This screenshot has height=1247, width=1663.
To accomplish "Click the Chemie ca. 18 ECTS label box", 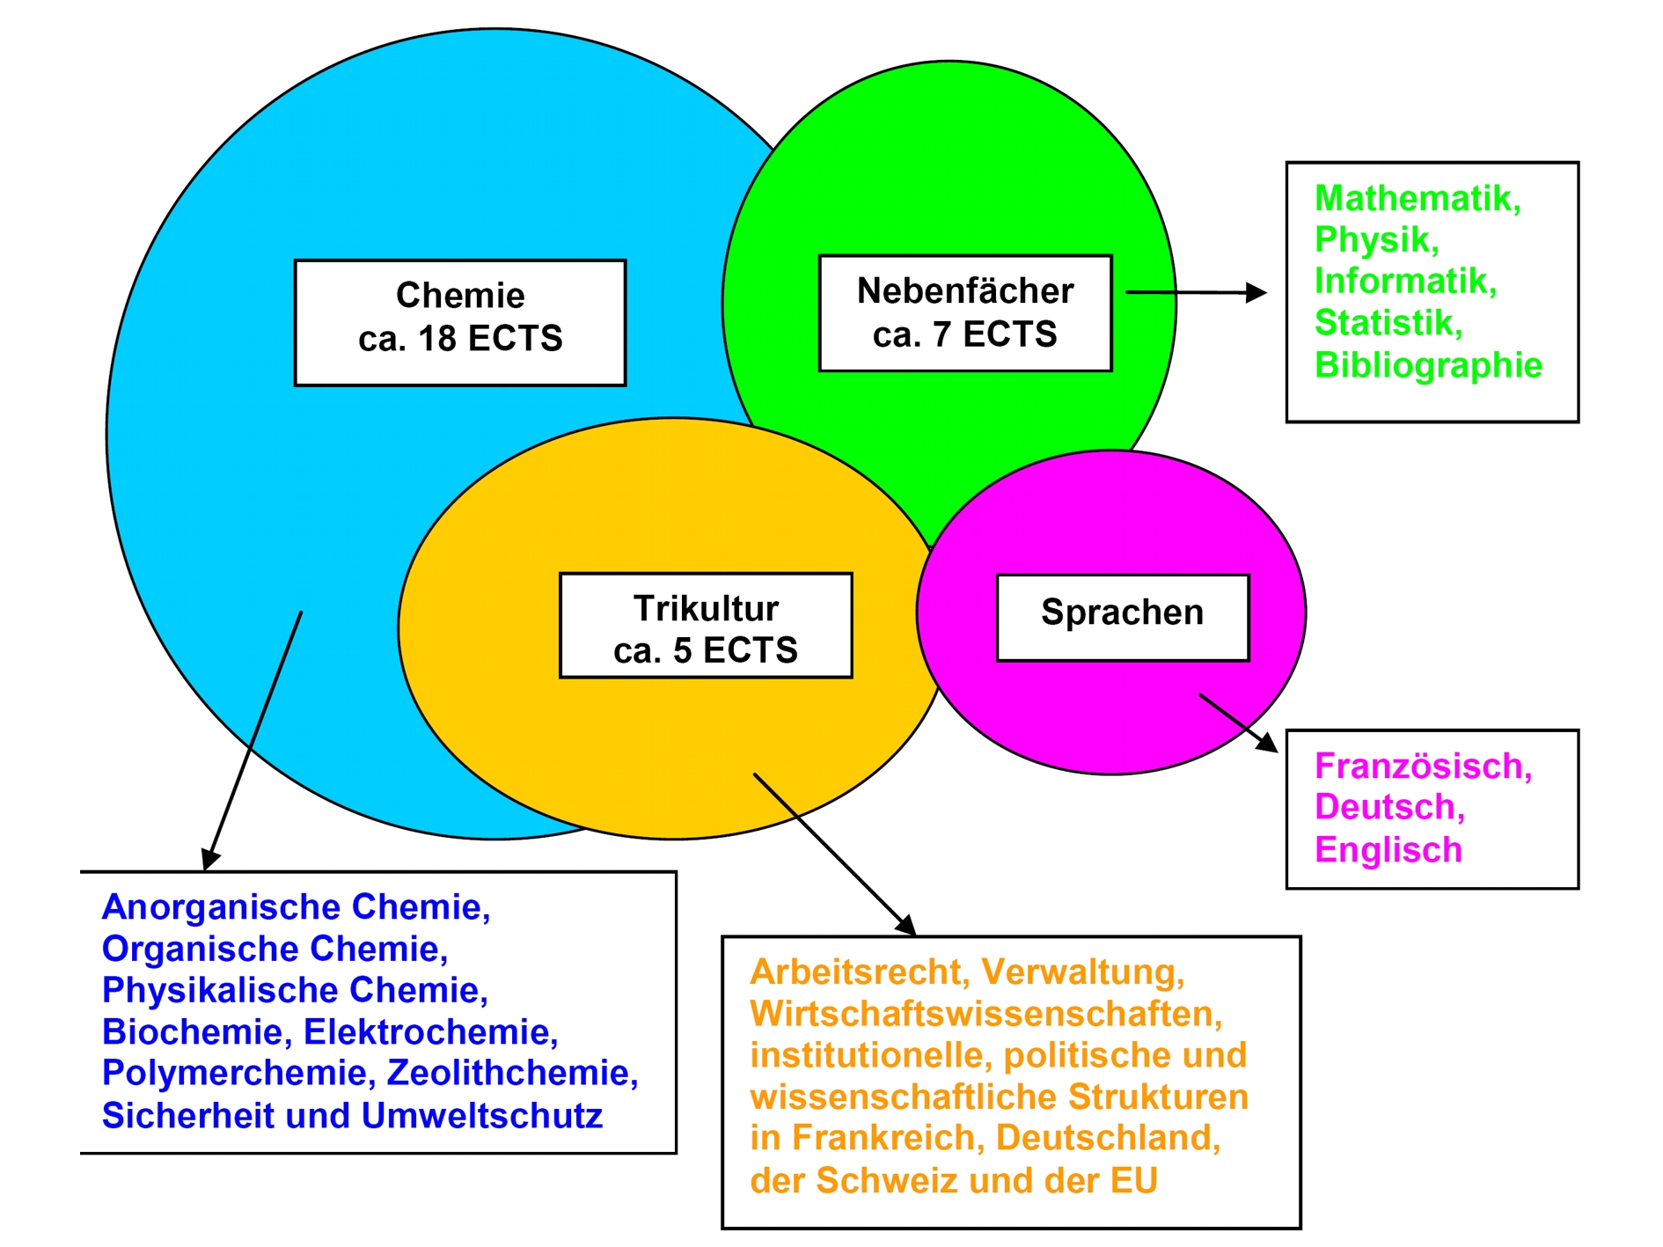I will tap(459, 322).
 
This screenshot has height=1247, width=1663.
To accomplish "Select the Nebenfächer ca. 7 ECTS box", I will tap(964, 313).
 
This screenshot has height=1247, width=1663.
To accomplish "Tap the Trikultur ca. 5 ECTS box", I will tap(706, 626).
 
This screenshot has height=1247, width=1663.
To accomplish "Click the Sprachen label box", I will tap(1122, 617).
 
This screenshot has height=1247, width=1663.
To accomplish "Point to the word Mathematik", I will tap(1416, 199).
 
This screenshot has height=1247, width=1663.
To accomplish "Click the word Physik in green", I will tap(1374, 240).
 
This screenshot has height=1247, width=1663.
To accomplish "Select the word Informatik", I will tap(1403, 282).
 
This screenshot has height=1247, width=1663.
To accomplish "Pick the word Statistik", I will tap(1386, 323).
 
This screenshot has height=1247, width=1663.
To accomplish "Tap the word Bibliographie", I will tap(1427, 365).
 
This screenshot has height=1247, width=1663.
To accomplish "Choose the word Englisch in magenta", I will tap(1388, 850).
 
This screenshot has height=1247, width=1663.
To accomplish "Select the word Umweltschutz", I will tap(481, 1115).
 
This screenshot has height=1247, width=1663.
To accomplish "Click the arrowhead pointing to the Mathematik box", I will tap(1258, 293).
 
